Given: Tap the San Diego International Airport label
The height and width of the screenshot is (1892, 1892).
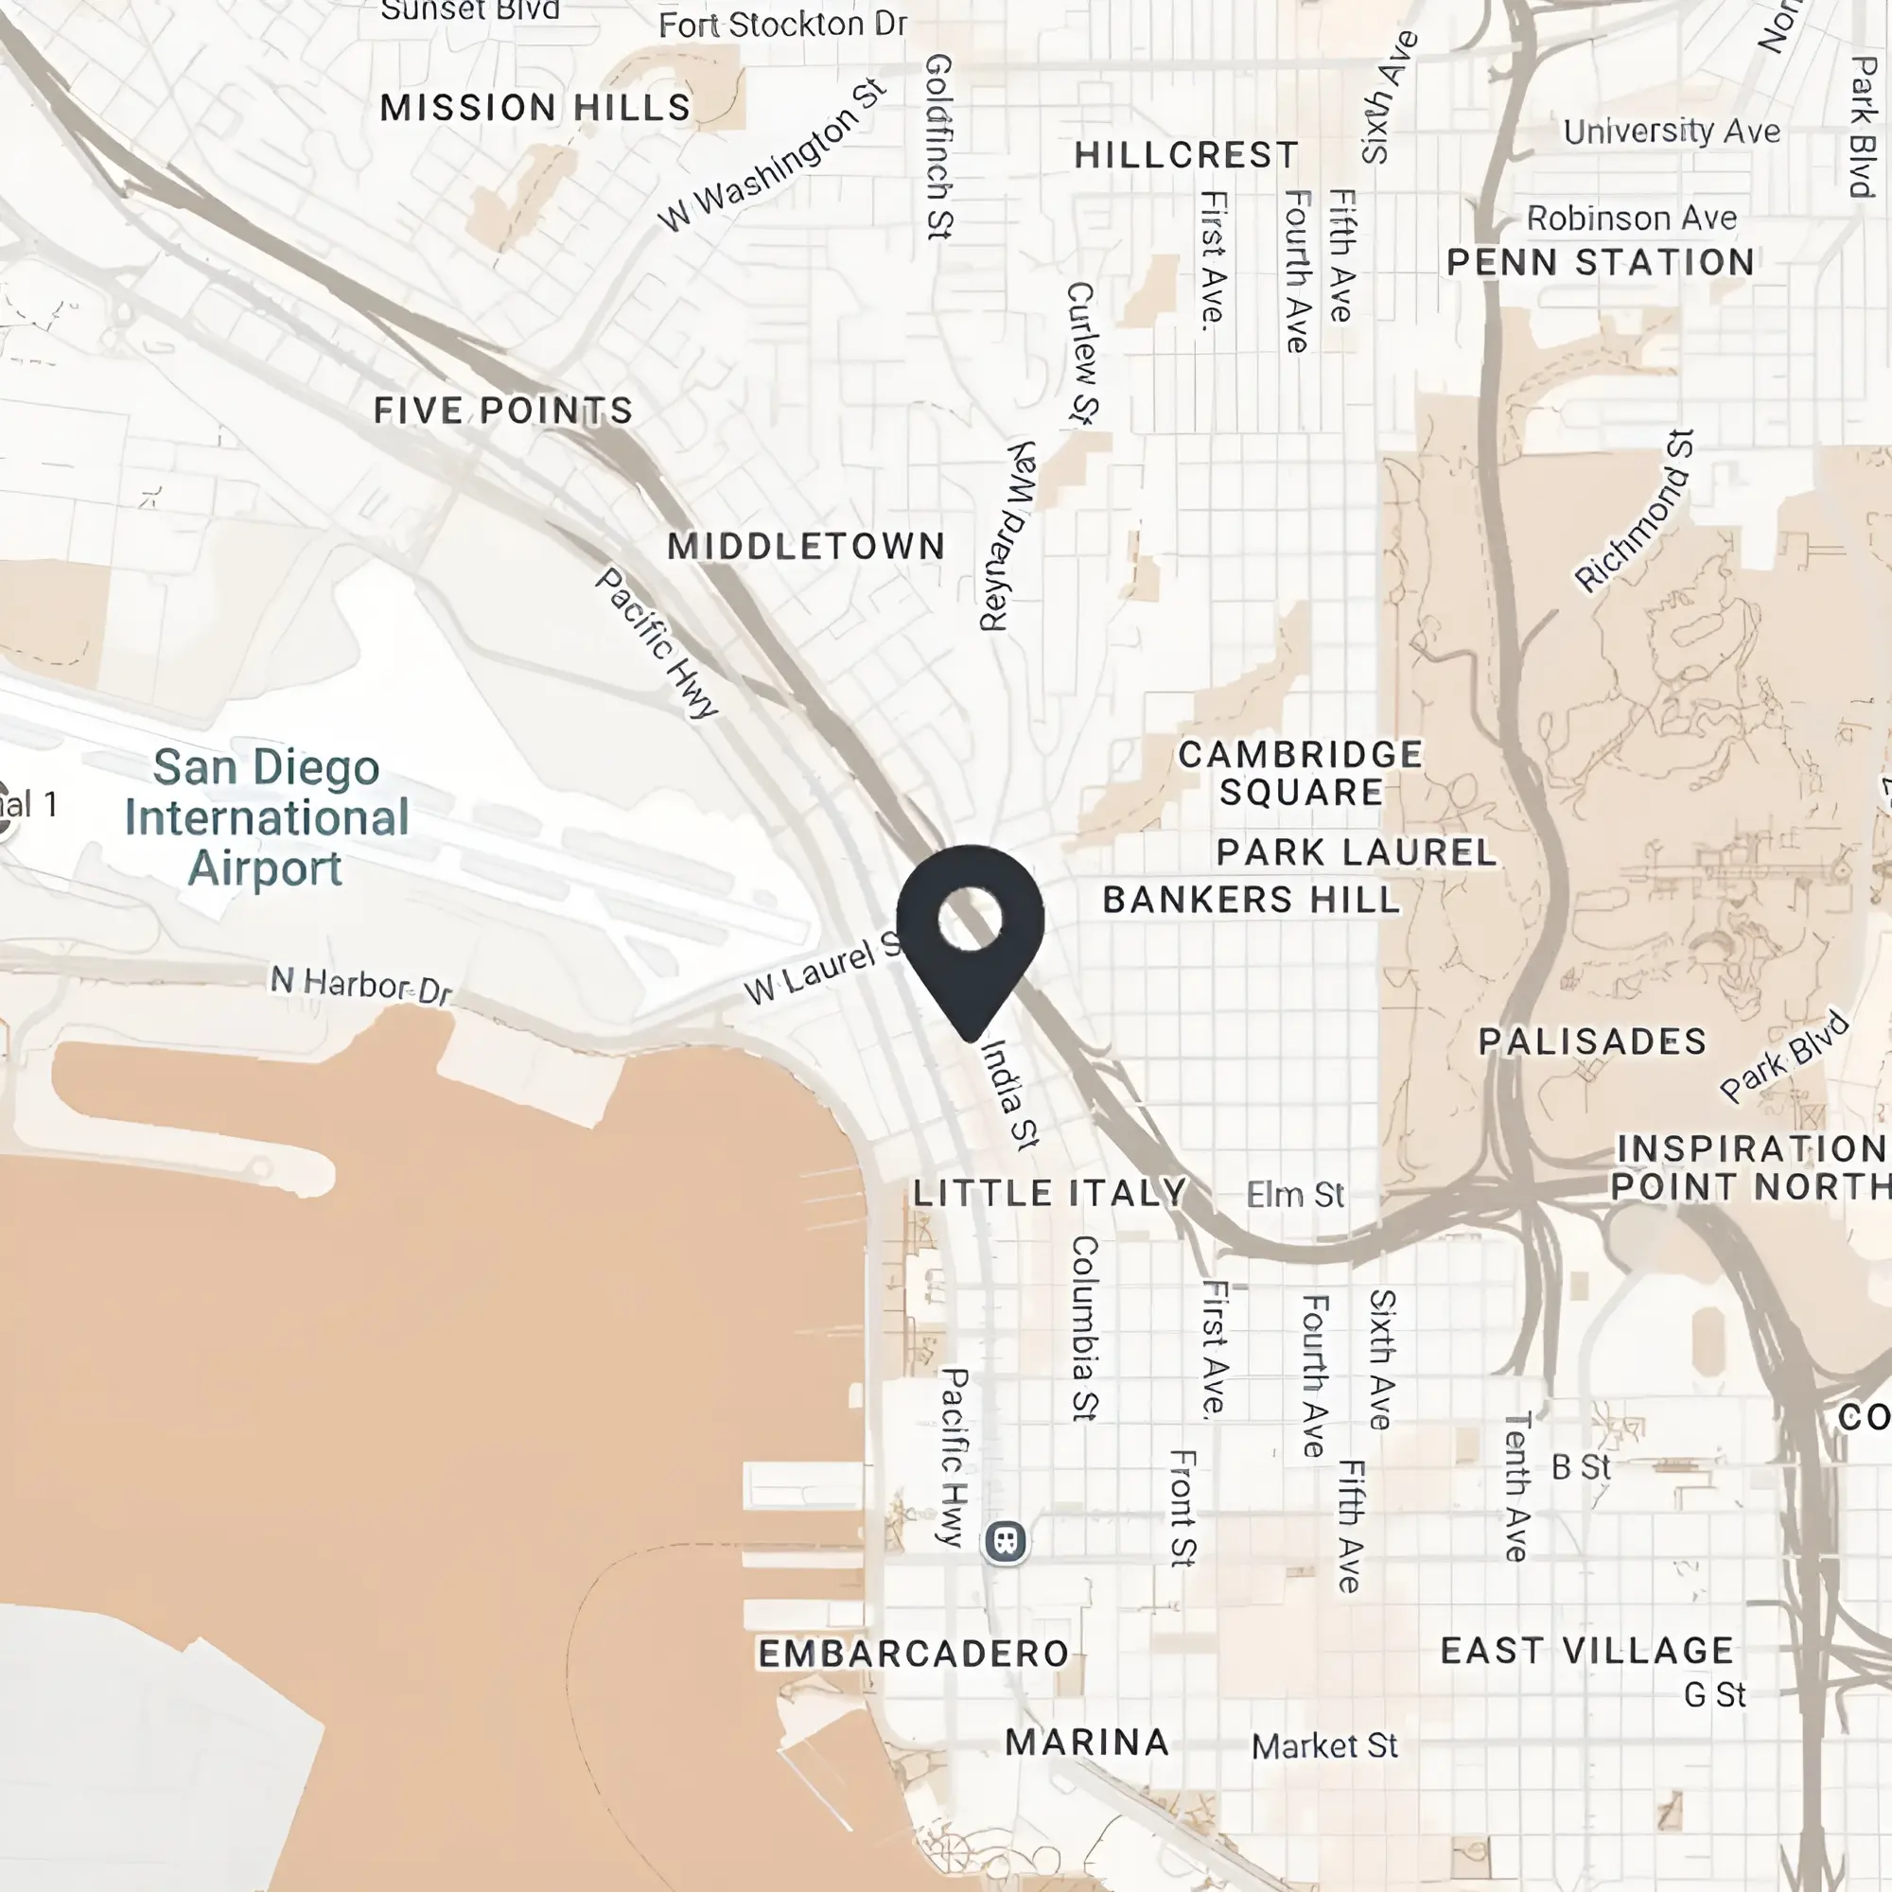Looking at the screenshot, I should tap(267, 817).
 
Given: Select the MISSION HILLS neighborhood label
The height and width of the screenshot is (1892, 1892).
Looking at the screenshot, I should tap(534, 108).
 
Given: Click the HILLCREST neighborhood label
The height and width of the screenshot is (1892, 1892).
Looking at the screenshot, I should tap(1186, 155).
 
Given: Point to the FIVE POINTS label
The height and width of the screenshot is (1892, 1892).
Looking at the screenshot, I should tap(503, 411).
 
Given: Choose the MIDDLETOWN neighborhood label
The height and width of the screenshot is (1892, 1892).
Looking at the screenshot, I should tap(806, 547).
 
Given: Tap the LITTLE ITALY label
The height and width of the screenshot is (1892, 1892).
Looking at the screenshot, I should tap(1050, 1193).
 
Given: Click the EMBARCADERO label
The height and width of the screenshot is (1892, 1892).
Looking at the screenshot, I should tap(913, 1654).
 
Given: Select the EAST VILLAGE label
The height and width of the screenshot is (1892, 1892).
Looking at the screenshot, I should tap(1586, 1651).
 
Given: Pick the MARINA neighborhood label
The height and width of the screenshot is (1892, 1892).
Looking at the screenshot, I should tap(1087, 1743).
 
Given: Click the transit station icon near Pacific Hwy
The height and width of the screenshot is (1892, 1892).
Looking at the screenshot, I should tap(1005, 1541).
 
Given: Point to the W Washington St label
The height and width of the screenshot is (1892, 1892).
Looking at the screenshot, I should tap(772, 157).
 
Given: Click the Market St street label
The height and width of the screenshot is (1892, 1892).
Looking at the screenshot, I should tap(1324, 1746).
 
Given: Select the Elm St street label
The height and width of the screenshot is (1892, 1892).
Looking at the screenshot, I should tap(1295, 1195).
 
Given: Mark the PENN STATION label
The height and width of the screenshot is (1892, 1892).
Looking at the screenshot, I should tap(1601, 262).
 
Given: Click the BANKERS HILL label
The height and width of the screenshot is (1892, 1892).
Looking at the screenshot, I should tap(1251, 900).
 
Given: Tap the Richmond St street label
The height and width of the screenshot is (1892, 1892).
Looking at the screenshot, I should tap(1633, 512).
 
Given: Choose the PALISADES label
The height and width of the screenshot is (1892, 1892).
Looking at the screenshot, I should tap(1592, 1041).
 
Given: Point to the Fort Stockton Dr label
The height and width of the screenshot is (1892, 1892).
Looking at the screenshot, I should tap(782, 25).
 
